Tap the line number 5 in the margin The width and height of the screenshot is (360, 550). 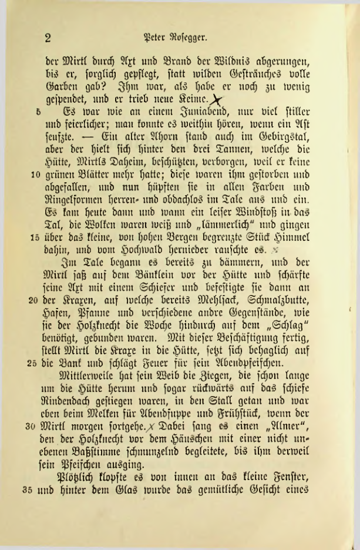(36, 110)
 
